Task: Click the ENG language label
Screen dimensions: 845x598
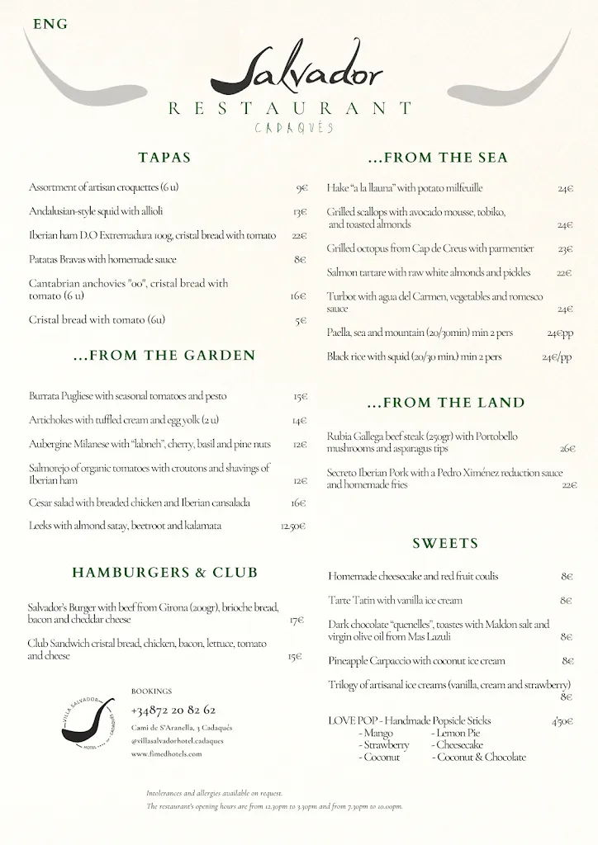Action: tap(50, 25)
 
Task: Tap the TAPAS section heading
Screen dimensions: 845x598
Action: tap(165, 157)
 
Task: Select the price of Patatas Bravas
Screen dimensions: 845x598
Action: tap(300, 260)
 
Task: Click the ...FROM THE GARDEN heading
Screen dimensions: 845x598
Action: tap(165, 356)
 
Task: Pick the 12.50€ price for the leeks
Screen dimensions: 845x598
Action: tap(293, 526)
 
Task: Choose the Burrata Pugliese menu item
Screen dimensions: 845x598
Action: tap(127, 396)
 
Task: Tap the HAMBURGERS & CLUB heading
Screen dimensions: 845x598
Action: tap(165, 572)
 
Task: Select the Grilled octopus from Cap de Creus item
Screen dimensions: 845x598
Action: tap(430, 248)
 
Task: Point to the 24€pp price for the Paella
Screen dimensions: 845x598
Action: tap(559, 333)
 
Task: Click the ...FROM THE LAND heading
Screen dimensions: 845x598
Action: tap(445, 403)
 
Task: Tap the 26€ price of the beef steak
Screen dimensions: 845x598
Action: tap(567, 449)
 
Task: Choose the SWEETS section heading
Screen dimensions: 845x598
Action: tap(445, 544)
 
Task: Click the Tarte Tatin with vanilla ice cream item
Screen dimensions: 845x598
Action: tap(395, 601)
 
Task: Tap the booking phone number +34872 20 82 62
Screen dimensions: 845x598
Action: tap(173, 710)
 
